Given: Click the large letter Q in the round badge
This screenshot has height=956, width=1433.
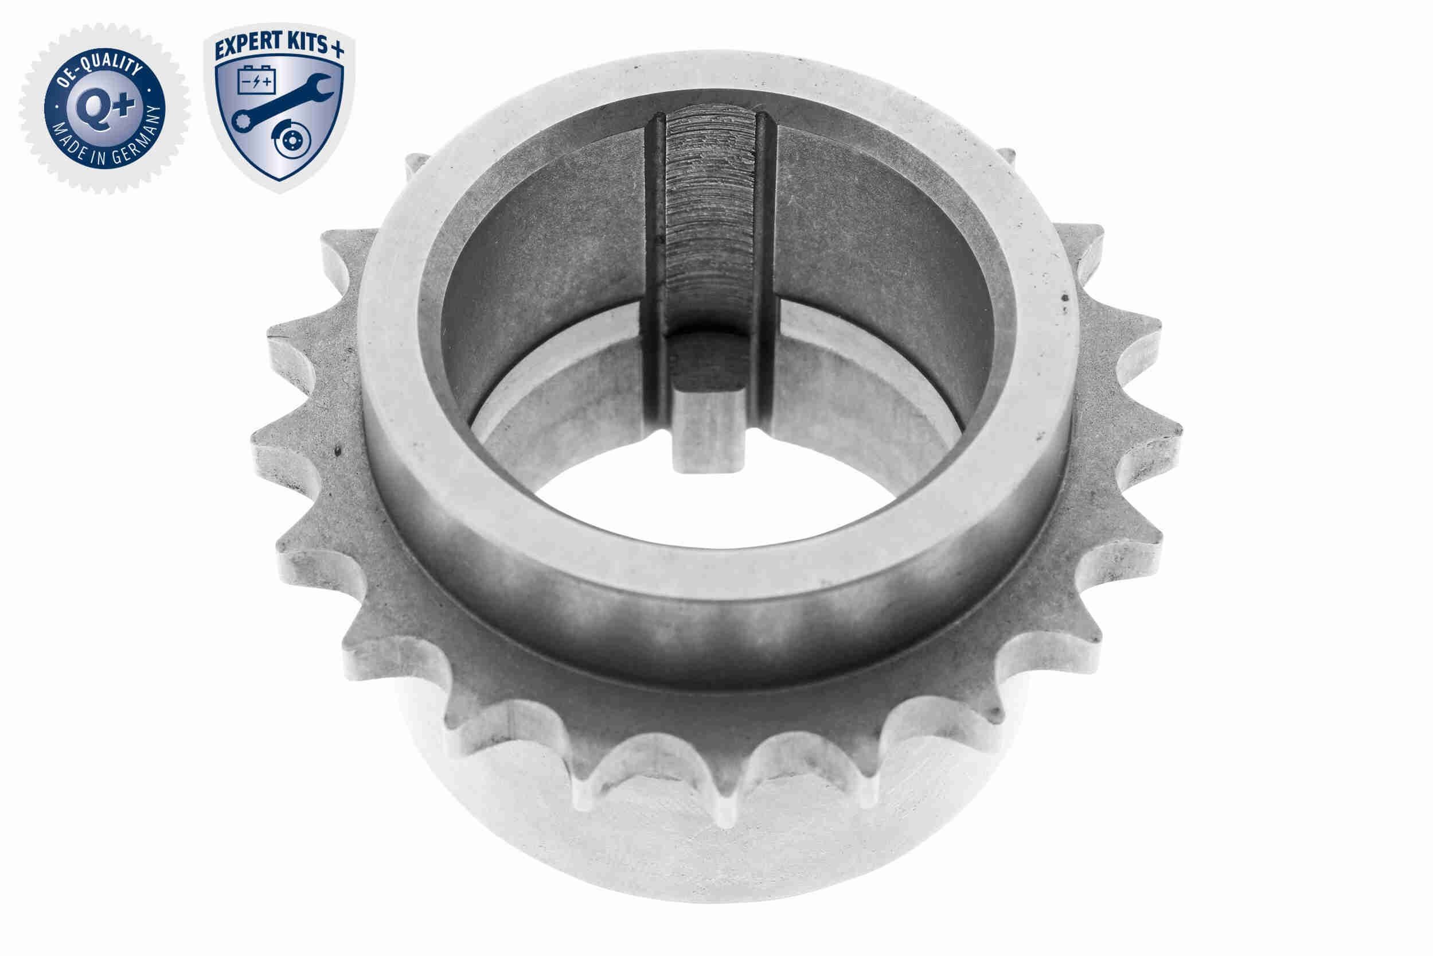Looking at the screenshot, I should point(93,107).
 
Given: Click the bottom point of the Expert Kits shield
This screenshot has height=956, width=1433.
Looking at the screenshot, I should point(278,181).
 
